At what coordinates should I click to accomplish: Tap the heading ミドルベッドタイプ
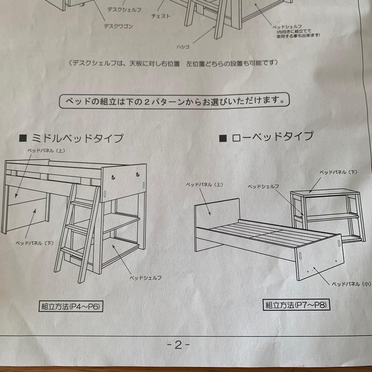click(77, 139)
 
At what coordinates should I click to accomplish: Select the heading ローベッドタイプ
click(272, 137)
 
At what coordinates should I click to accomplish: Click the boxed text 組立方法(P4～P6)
click(71, 307)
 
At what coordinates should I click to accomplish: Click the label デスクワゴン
click(118, 26)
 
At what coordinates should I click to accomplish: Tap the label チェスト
click(161, 16)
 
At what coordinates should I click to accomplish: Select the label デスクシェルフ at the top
click(124, 10)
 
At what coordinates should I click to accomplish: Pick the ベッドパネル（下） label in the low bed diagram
click(338, 172)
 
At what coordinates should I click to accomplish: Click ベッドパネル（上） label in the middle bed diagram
click(47, 151)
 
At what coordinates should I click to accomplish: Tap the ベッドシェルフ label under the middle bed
click(145, 278)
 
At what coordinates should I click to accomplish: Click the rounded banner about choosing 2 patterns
click(174, 101)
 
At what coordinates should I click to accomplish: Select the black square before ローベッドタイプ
click(223, 138)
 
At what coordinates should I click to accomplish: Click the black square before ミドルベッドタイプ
click(23, 139)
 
